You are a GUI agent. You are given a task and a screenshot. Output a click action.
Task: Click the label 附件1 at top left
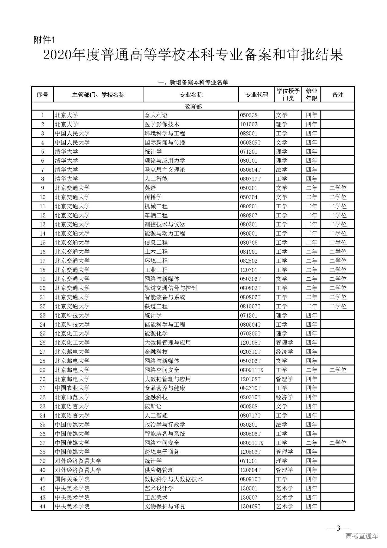click(x=44, y=40)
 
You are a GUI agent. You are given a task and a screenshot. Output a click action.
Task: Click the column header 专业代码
click(x=257, y=95)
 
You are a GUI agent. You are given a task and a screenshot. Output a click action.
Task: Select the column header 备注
click(x=337, y=95)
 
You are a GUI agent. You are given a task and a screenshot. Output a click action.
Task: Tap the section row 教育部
click(x=193, y=107)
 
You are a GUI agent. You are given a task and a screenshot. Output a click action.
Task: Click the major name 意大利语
click(x=156, y=115)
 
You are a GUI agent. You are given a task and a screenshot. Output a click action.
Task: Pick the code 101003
click(x=249, y=124)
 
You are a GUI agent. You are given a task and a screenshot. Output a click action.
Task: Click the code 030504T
click(x=250, y=170)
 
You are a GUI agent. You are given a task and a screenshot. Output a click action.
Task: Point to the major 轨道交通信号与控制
click(x=171, y=288)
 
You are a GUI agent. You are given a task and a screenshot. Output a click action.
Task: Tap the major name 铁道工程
click(x=156, y=306)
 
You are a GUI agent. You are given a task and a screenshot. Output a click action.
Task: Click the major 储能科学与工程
click(x=165, y=324)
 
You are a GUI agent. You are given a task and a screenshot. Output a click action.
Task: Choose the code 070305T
click(x=250, y=334)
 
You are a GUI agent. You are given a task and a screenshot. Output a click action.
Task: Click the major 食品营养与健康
click(x=165, y=388)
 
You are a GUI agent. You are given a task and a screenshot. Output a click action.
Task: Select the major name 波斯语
click(x=153, y=406)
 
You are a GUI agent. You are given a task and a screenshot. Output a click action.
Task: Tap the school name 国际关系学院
click(x=72, y=479)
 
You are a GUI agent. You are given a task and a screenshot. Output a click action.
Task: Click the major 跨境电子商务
click(x=162, y=452)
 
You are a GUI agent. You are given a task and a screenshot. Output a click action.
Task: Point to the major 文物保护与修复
click(x=165, y=506)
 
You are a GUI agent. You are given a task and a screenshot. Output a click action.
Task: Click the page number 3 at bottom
click(x=338, y=528)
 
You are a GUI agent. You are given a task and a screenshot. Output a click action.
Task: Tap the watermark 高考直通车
click(x=362, y=536)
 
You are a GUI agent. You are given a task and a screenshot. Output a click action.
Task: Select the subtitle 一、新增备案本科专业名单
click(x=193, y=82)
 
